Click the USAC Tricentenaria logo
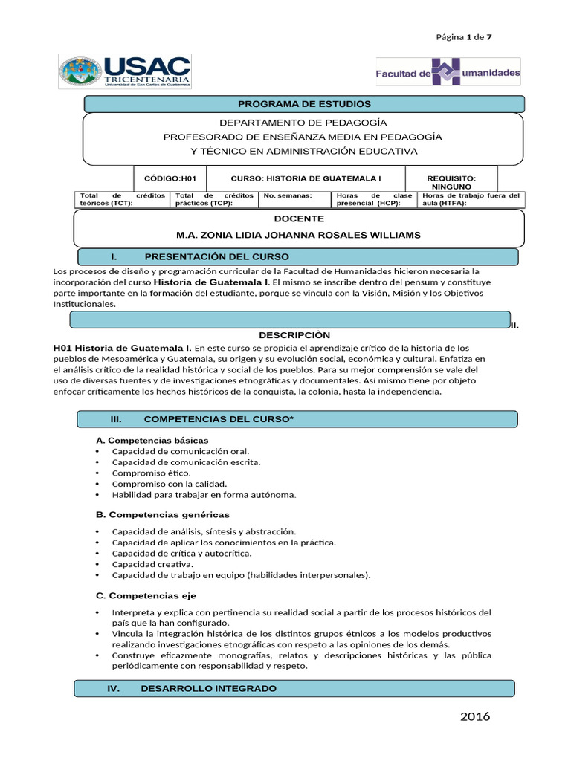pyautogui.click(x=124, y=71)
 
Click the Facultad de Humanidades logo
pyautogui.click(x=448, y=73)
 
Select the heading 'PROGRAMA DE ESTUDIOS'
pyautogui.click(x=304, y=104)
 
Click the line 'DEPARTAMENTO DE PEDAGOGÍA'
pyautogui.click(x=303, y=122)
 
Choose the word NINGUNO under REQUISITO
pyautogui.click(x=451, y=187)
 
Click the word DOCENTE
pyautogui.click(x=299, y=219)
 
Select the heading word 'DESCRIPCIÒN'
pyautogui.click(x=294, y=335)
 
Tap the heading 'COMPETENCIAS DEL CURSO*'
pyautogui.click(x=219, y=420)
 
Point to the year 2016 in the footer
pyautogui.click(x=475, y=717)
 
